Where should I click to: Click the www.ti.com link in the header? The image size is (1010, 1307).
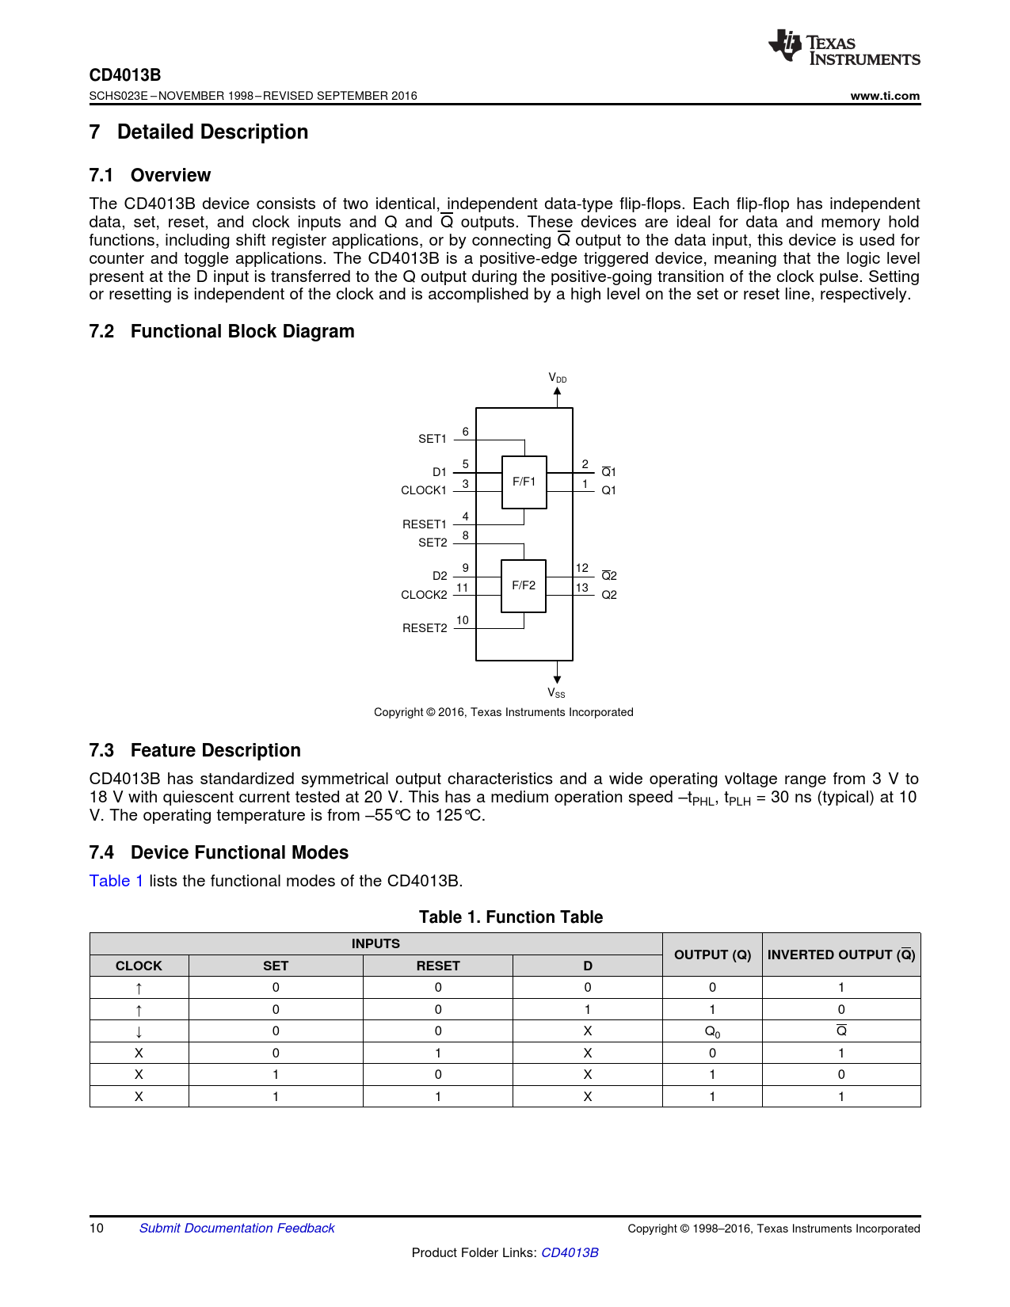[885, 96]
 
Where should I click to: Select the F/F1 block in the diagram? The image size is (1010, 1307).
[524, 482]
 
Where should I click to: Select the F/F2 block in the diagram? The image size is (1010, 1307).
[524, 585]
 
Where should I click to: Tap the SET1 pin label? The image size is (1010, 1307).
[433, 439]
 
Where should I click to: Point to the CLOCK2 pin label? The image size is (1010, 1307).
[424, 595]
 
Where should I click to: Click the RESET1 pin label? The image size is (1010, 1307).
[425, 524]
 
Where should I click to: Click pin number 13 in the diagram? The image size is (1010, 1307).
[582, 588]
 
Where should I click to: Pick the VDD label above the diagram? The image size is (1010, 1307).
[558, 378]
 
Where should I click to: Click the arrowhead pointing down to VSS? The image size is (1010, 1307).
[558, 678]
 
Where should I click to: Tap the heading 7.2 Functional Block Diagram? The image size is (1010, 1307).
[222, 331]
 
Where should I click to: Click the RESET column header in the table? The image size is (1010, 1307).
[438, 966]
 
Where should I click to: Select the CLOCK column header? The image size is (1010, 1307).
[139, 966]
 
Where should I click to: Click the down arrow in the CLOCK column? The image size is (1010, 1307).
[139, 1031]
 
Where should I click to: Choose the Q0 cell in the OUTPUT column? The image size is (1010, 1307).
[712, 1031]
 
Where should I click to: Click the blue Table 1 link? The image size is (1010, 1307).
[116, 881]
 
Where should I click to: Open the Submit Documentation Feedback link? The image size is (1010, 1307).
[237, 1228]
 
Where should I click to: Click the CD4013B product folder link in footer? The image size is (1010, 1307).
[570, 1252]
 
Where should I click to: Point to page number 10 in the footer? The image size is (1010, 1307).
[97, 1228]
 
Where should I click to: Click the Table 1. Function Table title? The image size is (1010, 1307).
[511, 917]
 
